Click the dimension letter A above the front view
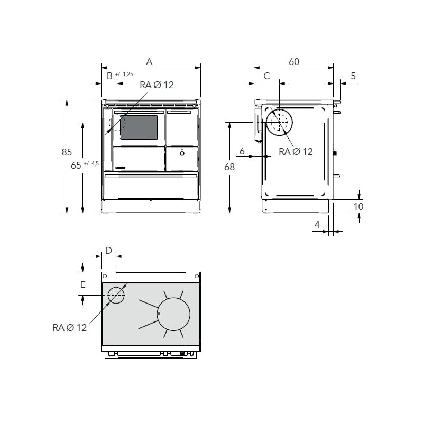coord(149,62)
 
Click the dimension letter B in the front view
coord(109,76)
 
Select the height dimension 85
coord(66,152)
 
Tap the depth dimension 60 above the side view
coord(294,62)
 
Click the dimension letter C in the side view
coord(266,76)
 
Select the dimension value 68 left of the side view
coord(229,167)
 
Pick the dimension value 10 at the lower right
coord(358,206)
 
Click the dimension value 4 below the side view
coord(317,225)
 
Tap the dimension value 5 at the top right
coord(353,76)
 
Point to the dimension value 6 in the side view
coord(242,152)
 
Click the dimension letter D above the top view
coord(108,250)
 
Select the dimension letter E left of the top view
coord(82,284)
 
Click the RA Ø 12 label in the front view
coord(157,85)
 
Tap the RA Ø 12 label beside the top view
coord(69,328)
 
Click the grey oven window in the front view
coord(139,127)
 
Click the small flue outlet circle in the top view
coord(116,295)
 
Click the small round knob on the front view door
coord(182,153)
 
